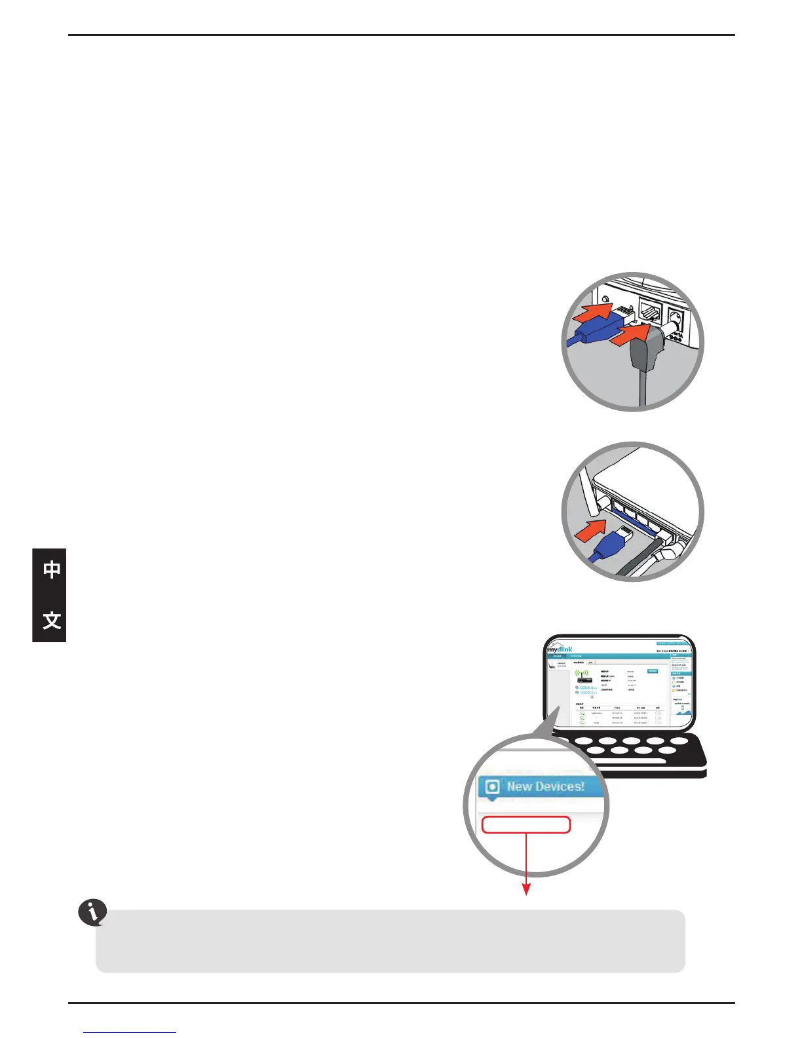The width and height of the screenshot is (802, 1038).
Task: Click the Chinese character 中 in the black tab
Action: [x=52, y=569]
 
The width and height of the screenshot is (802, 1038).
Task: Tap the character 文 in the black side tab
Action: [x=52, y=620]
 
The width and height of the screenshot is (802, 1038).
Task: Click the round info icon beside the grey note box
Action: [x=92, y=912]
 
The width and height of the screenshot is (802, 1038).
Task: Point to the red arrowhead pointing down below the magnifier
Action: [x=525, y=889]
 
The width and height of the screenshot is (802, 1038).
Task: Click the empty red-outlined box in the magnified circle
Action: [x=525, y=824]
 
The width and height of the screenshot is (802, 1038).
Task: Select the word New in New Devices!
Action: [x=520, y=786]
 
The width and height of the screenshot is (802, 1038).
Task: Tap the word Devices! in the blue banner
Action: [x=559, y=786]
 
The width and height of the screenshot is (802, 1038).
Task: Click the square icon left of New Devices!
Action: [x=492, y=787]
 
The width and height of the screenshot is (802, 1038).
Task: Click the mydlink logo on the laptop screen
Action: [x=560, y=649]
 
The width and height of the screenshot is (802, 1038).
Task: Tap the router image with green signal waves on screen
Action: [x=582, y=676]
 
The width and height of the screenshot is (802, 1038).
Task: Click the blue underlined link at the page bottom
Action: [x=130, y=1032]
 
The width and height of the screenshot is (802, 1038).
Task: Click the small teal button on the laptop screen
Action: [x=653, y=671]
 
